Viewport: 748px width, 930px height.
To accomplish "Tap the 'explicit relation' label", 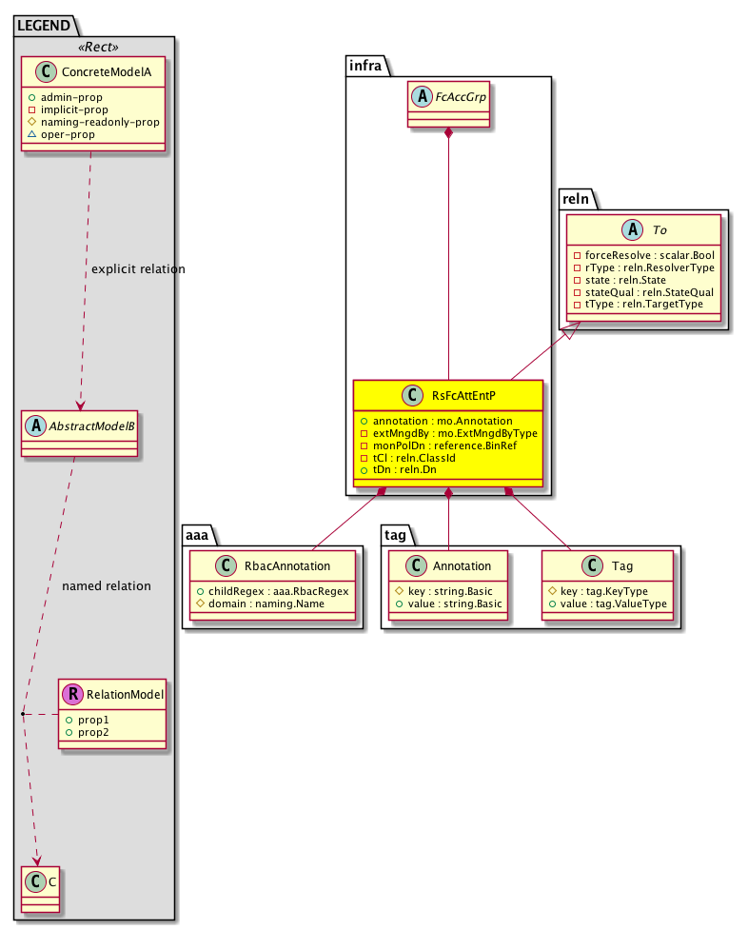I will tap(138, 269).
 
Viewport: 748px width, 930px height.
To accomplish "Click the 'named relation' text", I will tap(107, 585).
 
